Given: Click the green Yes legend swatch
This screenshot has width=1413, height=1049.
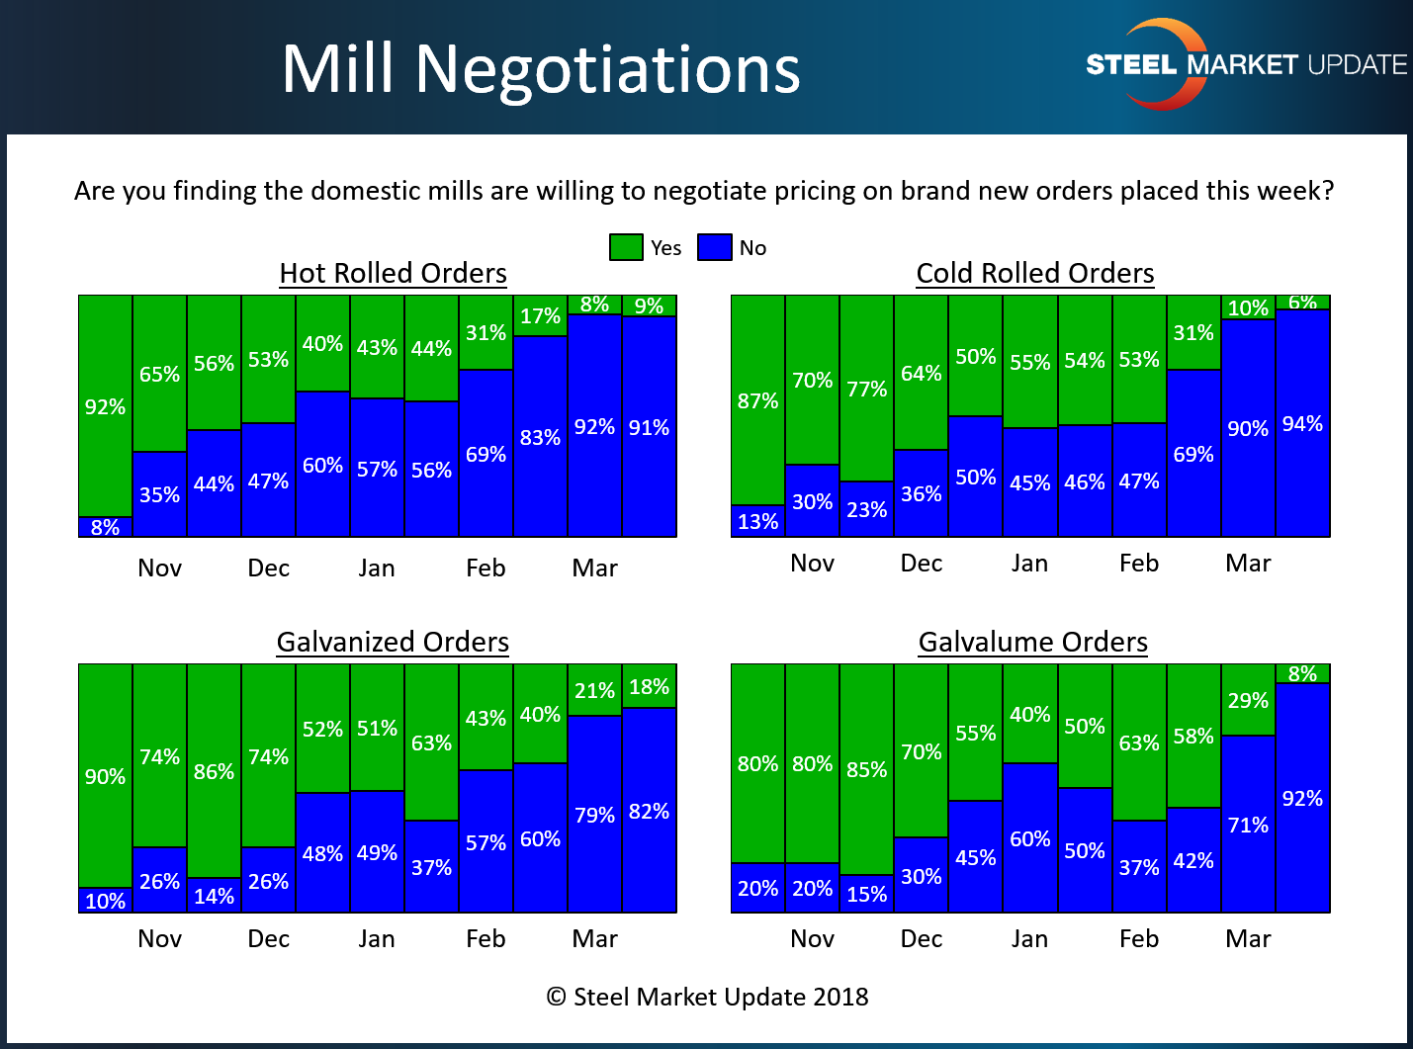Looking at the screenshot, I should pos(626,247).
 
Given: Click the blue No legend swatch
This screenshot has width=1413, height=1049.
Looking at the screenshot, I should pos(714,247).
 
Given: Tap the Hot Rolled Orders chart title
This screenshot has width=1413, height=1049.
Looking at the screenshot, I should pos(393,273).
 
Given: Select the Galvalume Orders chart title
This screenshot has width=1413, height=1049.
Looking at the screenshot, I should pos(1032,642).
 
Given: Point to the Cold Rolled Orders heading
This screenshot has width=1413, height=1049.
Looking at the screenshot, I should pos(1034,273).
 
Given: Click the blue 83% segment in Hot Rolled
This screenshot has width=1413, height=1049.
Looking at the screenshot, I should pos(540,437).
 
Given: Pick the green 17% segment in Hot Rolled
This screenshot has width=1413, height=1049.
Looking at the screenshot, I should pos(540,316).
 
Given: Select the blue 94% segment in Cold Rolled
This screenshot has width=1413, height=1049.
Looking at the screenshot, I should pos(1302,423).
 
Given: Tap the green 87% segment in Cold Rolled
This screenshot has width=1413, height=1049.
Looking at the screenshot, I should pos(757,400).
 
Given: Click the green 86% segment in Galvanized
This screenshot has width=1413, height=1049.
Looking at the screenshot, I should pos(214,771).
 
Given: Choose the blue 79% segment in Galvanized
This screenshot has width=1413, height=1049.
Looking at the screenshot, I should pos(594,815).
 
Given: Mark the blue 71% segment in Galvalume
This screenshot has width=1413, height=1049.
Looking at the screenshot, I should pos(1248,825).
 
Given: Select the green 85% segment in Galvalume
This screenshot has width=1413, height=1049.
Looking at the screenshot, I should pos(866,768).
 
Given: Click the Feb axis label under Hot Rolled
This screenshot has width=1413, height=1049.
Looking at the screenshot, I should pos(486,568).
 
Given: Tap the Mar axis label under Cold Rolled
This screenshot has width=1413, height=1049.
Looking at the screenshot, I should pos(1248,563).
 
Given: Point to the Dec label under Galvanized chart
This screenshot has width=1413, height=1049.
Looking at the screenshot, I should pos(268,938).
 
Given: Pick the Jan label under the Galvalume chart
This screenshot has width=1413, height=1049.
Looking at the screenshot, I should pos(1029,938).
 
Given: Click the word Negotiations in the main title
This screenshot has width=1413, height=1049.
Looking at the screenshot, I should pos(607,69).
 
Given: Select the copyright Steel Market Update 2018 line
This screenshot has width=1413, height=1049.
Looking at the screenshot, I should pos(707,997).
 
